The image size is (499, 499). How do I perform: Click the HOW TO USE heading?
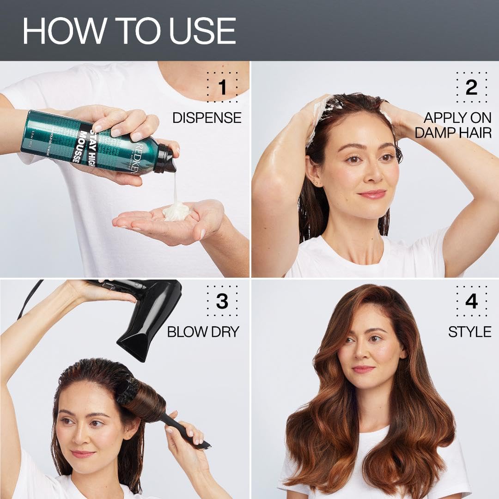[x=129, y=31]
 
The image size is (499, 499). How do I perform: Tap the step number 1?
[x=222, y=87]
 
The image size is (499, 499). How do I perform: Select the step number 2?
[x=471, y=87]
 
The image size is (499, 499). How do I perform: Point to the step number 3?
[x=222, y=301]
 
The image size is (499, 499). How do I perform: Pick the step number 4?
[x=471, y=301]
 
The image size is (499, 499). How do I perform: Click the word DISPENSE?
[x=207, y=118]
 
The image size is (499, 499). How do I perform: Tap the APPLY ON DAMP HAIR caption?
[x=453, y=125]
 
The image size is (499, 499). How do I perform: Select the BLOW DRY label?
[x=203, y=332]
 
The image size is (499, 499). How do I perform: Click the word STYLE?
[x=469, y=332]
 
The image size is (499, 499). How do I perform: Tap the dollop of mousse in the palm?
[x=176, y=212]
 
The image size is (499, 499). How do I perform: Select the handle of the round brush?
[x=185, y=431]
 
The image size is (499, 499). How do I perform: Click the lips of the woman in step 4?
[x=363, y=369]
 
